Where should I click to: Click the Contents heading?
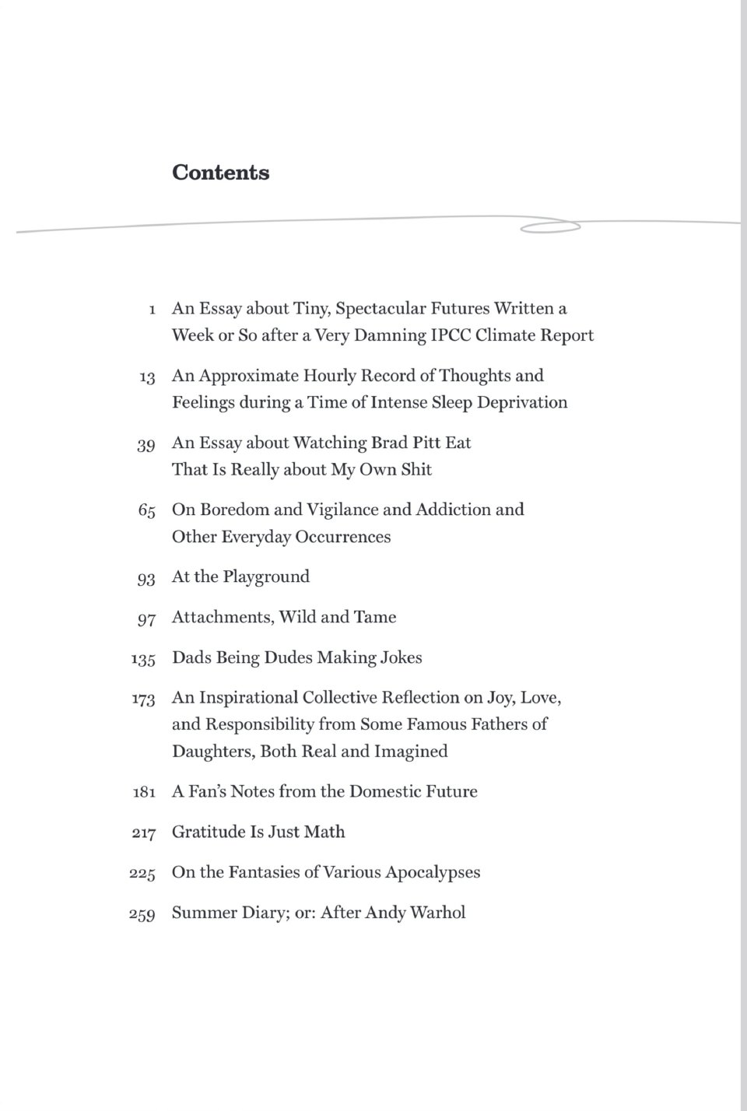pos(221,172)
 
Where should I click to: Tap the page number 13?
pos(147,377)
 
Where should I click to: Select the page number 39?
pos(146,444)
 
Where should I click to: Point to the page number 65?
pos(146,511)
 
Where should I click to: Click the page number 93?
pos(146,578)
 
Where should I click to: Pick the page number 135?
pos(143,659)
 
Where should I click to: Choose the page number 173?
pos(143,699)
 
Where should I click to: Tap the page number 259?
pos(142,914)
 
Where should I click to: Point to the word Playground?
pos(266,577)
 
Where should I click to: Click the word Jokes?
pos(401,657)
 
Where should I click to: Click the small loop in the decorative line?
pos(549,227)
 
